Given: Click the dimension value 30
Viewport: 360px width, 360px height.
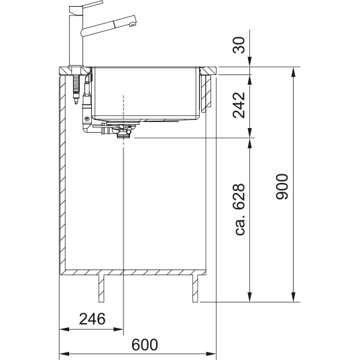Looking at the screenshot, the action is point(239,45).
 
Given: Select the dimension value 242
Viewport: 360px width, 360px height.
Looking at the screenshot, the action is point(239,105).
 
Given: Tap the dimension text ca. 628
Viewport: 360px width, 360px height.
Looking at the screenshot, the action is point(240,209).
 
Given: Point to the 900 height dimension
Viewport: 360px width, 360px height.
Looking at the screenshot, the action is point(282,186).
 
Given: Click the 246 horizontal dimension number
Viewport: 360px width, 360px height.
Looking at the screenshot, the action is point(92,319).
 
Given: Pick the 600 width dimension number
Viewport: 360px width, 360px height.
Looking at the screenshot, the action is point(145,345).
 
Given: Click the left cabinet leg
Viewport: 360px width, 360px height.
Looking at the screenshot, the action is point(101,288).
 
